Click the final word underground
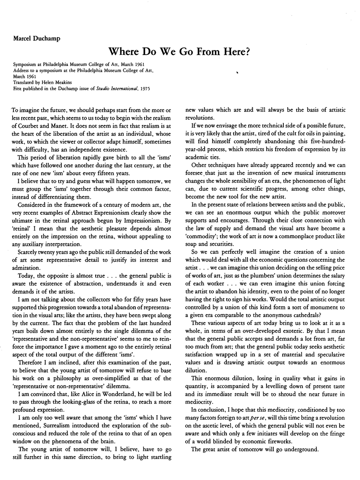click(301, 449)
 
